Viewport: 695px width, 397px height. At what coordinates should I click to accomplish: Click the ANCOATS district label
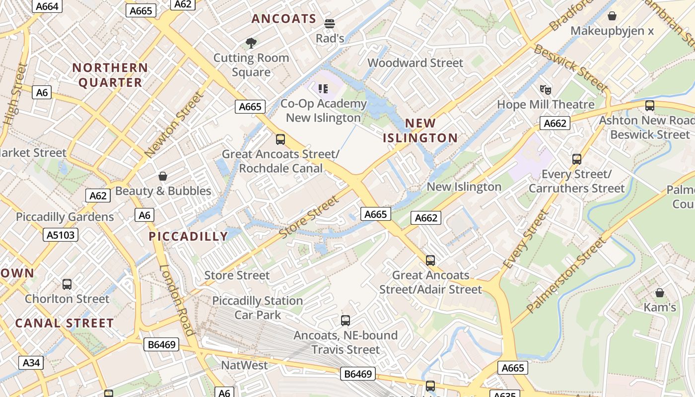pos(283,19)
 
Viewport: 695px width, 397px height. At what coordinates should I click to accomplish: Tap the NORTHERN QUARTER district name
pos(110,75)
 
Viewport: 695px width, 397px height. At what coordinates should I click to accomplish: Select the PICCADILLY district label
pos(188,236)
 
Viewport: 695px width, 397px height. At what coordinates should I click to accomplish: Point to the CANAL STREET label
pos(65,323)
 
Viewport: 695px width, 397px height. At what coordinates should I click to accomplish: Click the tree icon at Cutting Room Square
pos(251,43)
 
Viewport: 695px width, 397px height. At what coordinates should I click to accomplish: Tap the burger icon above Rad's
pos(330,23)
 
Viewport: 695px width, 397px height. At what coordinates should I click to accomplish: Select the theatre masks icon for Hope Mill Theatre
pos(546,90)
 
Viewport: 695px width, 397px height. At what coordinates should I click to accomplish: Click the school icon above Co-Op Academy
pos(323,89)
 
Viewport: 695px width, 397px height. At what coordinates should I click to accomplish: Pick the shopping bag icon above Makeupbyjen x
pos(612,16)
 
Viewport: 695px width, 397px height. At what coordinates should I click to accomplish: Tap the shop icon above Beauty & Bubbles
pos(162,176)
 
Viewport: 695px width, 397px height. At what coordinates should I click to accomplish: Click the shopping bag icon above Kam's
pos(659,293)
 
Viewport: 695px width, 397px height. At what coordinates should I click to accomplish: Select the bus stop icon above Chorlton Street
pos(67,284)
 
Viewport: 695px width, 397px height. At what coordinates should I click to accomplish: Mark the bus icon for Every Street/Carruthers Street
pos(576,159)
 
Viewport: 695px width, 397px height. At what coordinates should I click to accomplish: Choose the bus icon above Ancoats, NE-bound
pos(346,321)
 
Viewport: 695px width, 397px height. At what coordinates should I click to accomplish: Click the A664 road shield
pos(48,6)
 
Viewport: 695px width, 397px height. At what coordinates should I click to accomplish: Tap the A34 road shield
pos(31,363)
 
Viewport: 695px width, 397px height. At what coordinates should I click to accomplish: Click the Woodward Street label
pos(415,63)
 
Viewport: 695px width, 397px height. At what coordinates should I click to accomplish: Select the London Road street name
pos(177,300)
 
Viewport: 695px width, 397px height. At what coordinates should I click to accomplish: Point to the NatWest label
pos(244,365)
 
